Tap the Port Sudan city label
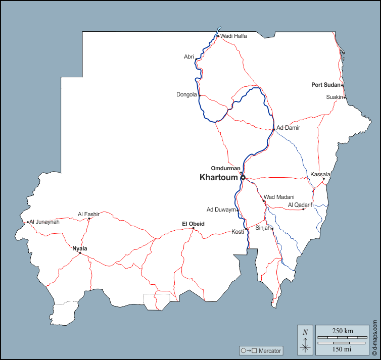point(325,85)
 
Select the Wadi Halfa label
point(233,36)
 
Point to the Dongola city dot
point(200,95)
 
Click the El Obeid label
point(193,223)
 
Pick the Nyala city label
point(80,248)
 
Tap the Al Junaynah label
point(44,222)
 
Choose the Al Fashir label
point(88,214)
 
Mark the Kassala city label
point(320,174)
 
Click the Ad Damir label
point(288,128)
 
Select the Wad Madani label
point(279,197)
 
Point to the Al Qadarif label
point(301,204)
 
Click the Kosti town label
point(237,232)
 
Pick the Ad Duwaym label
point(221,210)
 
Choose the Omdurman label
point(225,168)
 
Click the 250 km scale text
point(343,331)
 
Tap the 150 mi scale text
point(343,349)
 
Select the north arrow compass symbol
point(305,339)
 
